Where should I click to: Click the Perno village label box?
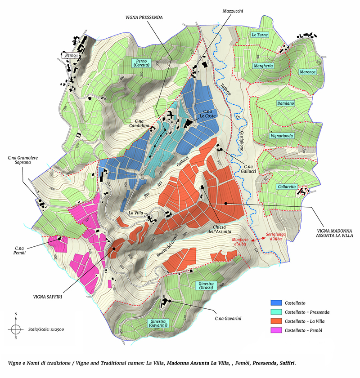point(70,55)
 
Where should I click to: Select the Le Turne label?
point(260,35)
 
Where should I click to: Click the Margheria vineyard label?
point(263,66)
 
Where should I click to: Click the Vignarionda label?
point(282,135)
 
